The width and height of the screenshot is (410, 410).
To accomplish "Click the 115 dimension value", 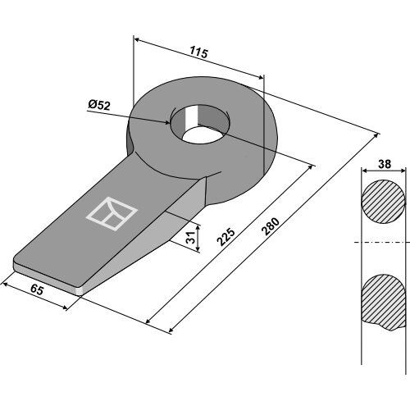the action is (199, 52).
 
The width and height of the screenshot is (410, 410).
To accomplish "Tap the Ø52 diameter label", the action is (99, 105).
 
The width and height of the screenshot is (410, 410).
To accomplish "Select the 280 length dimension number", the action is (271, 226).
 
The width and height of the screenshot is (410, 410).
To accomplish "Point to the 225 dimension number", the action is (225, 236).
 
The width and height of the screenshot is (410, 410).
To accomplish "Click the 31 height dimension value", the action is (191, 237).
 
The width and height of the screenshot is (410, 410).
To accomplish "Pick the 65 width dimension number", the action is (37, 289).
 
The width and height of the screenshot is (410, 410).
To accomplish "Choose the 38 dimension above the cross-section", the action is (385, 164).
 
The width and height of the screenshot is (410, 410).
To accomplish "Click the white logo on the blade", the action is (112, 213).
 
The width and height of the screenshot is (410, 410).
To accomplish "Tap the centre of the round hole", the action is (200, 125).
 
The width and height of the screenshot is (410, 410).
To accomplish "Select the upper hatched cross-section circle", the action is (383, 202).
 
